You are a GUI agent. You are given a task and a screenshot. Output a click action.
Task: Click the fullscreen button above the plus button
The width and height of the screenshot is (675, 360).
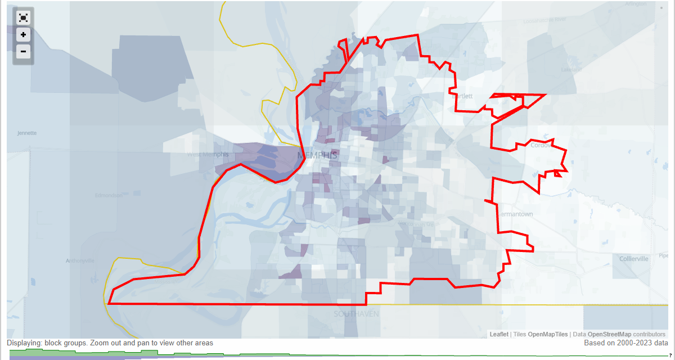pyautogui.click(x=23, y=17)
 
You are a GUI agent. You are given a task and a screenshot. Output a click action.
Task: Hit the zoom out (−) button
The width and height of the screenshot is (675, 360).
pyautogui.click(x=23, y=52)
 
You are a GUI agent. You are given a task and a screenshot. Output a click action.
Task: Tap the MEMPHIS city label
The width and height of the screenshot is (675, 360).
pyautogui.click(x=317, y=155)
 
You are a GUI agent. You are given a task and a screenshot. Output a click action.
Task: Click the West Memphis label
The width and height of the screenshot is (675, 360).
pyautogui.click(x=208, y=154)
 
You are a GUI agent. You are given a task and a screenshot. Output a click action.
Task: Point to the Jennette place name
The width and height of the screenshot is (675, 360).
pyautogui.click(x=26, y=133)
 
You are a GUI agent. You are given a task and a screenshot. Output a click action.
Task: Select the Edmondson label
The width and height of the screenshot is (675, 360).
pyautogui.click(x=109, y=195)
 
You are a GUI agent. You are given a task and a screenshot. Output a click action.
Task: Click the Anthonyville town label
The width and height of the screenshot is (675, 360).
pyautogui.click(x=80, y=260)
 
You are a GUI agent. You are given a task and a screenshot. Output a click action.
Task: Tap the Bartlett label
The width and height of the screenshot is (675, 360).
pyautogui.click(x=462, y=96)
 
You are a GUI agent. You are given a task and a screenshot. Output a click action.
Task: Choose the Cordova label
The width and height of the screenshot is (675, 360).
pyautogui.click(x=541, y=145)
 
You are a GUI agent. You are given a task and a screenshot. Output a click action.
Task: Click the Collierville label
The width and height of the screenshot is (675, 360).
pyautogui.click(x=634, y=259)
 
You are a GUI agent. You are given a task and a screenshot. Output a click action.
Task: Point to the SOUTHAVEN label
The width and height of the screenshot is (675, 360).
pyautogui.click(x=357, y=313)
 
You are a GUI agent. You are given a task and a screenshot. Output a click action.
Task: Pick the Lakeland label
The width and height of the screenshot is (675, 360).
pyautogui.click(x=570, y=70)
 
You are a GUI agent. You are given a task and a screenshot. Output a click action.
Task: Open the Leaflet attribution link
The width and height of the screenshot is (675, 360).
pyautogui.click(x=499, y=334)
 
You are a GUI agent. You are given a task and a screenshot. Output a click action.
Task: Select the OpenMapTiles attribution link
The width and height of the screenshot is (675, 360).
pyautogui.click(x=548, y=334)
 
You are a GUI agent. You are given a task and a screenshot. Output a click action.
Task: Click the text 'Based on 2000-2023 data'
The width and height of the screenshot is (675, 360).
pyautogui.click(x=625, y=343)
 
